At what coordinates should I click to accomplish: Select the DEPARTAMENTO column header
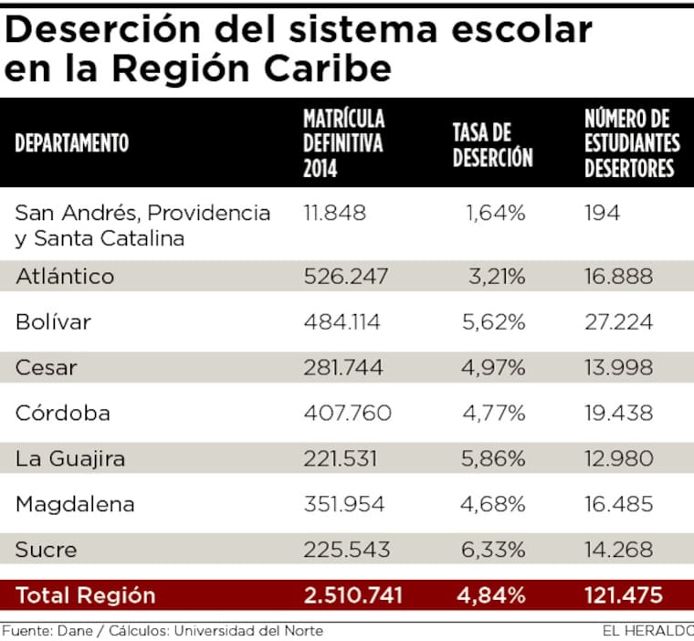tap(72, 143)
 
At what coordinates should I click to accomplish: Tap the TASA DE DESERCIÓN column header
tap(492, 144)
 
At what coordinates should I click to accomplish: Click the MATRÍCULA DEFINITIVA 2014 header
tap(344, 143)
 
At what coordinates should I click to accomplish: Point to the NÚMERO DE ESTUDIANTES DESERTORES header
tap(632, 143)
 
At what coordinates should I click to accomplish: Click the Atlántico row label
tap(65, 277)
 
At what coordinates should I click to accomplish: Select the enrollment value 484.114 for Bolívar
tap(342, 322)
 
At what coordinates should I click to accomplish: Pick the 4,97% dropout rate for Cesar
tap(496, 368)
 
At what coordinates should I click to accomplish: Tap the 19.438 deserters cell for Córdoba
tap(618, 414)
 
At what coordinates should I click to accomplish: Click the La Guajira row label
tap(70, 458)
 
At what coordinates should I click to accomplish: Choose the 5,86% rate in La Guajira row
tap(496, 458)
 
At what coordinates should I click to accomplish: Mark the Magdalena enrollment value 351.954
tap(344, 504)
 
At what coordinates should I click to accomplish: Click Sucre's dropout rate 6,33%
tap(496, 550)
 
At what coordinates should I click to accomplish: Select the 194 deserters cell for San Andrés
tap(602, 214)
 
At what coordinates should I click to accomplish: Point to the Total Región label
tap(86, 595)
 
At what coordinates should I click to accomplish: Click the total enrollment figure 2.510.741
tap(353, 595)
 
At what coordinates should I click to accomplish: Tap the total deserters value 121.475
tap(624, 595)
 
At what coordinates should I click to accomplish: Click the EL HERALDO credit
tap(647, 630)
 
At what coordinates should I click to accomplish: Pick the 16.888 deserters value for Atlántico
tap(618, 277)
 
